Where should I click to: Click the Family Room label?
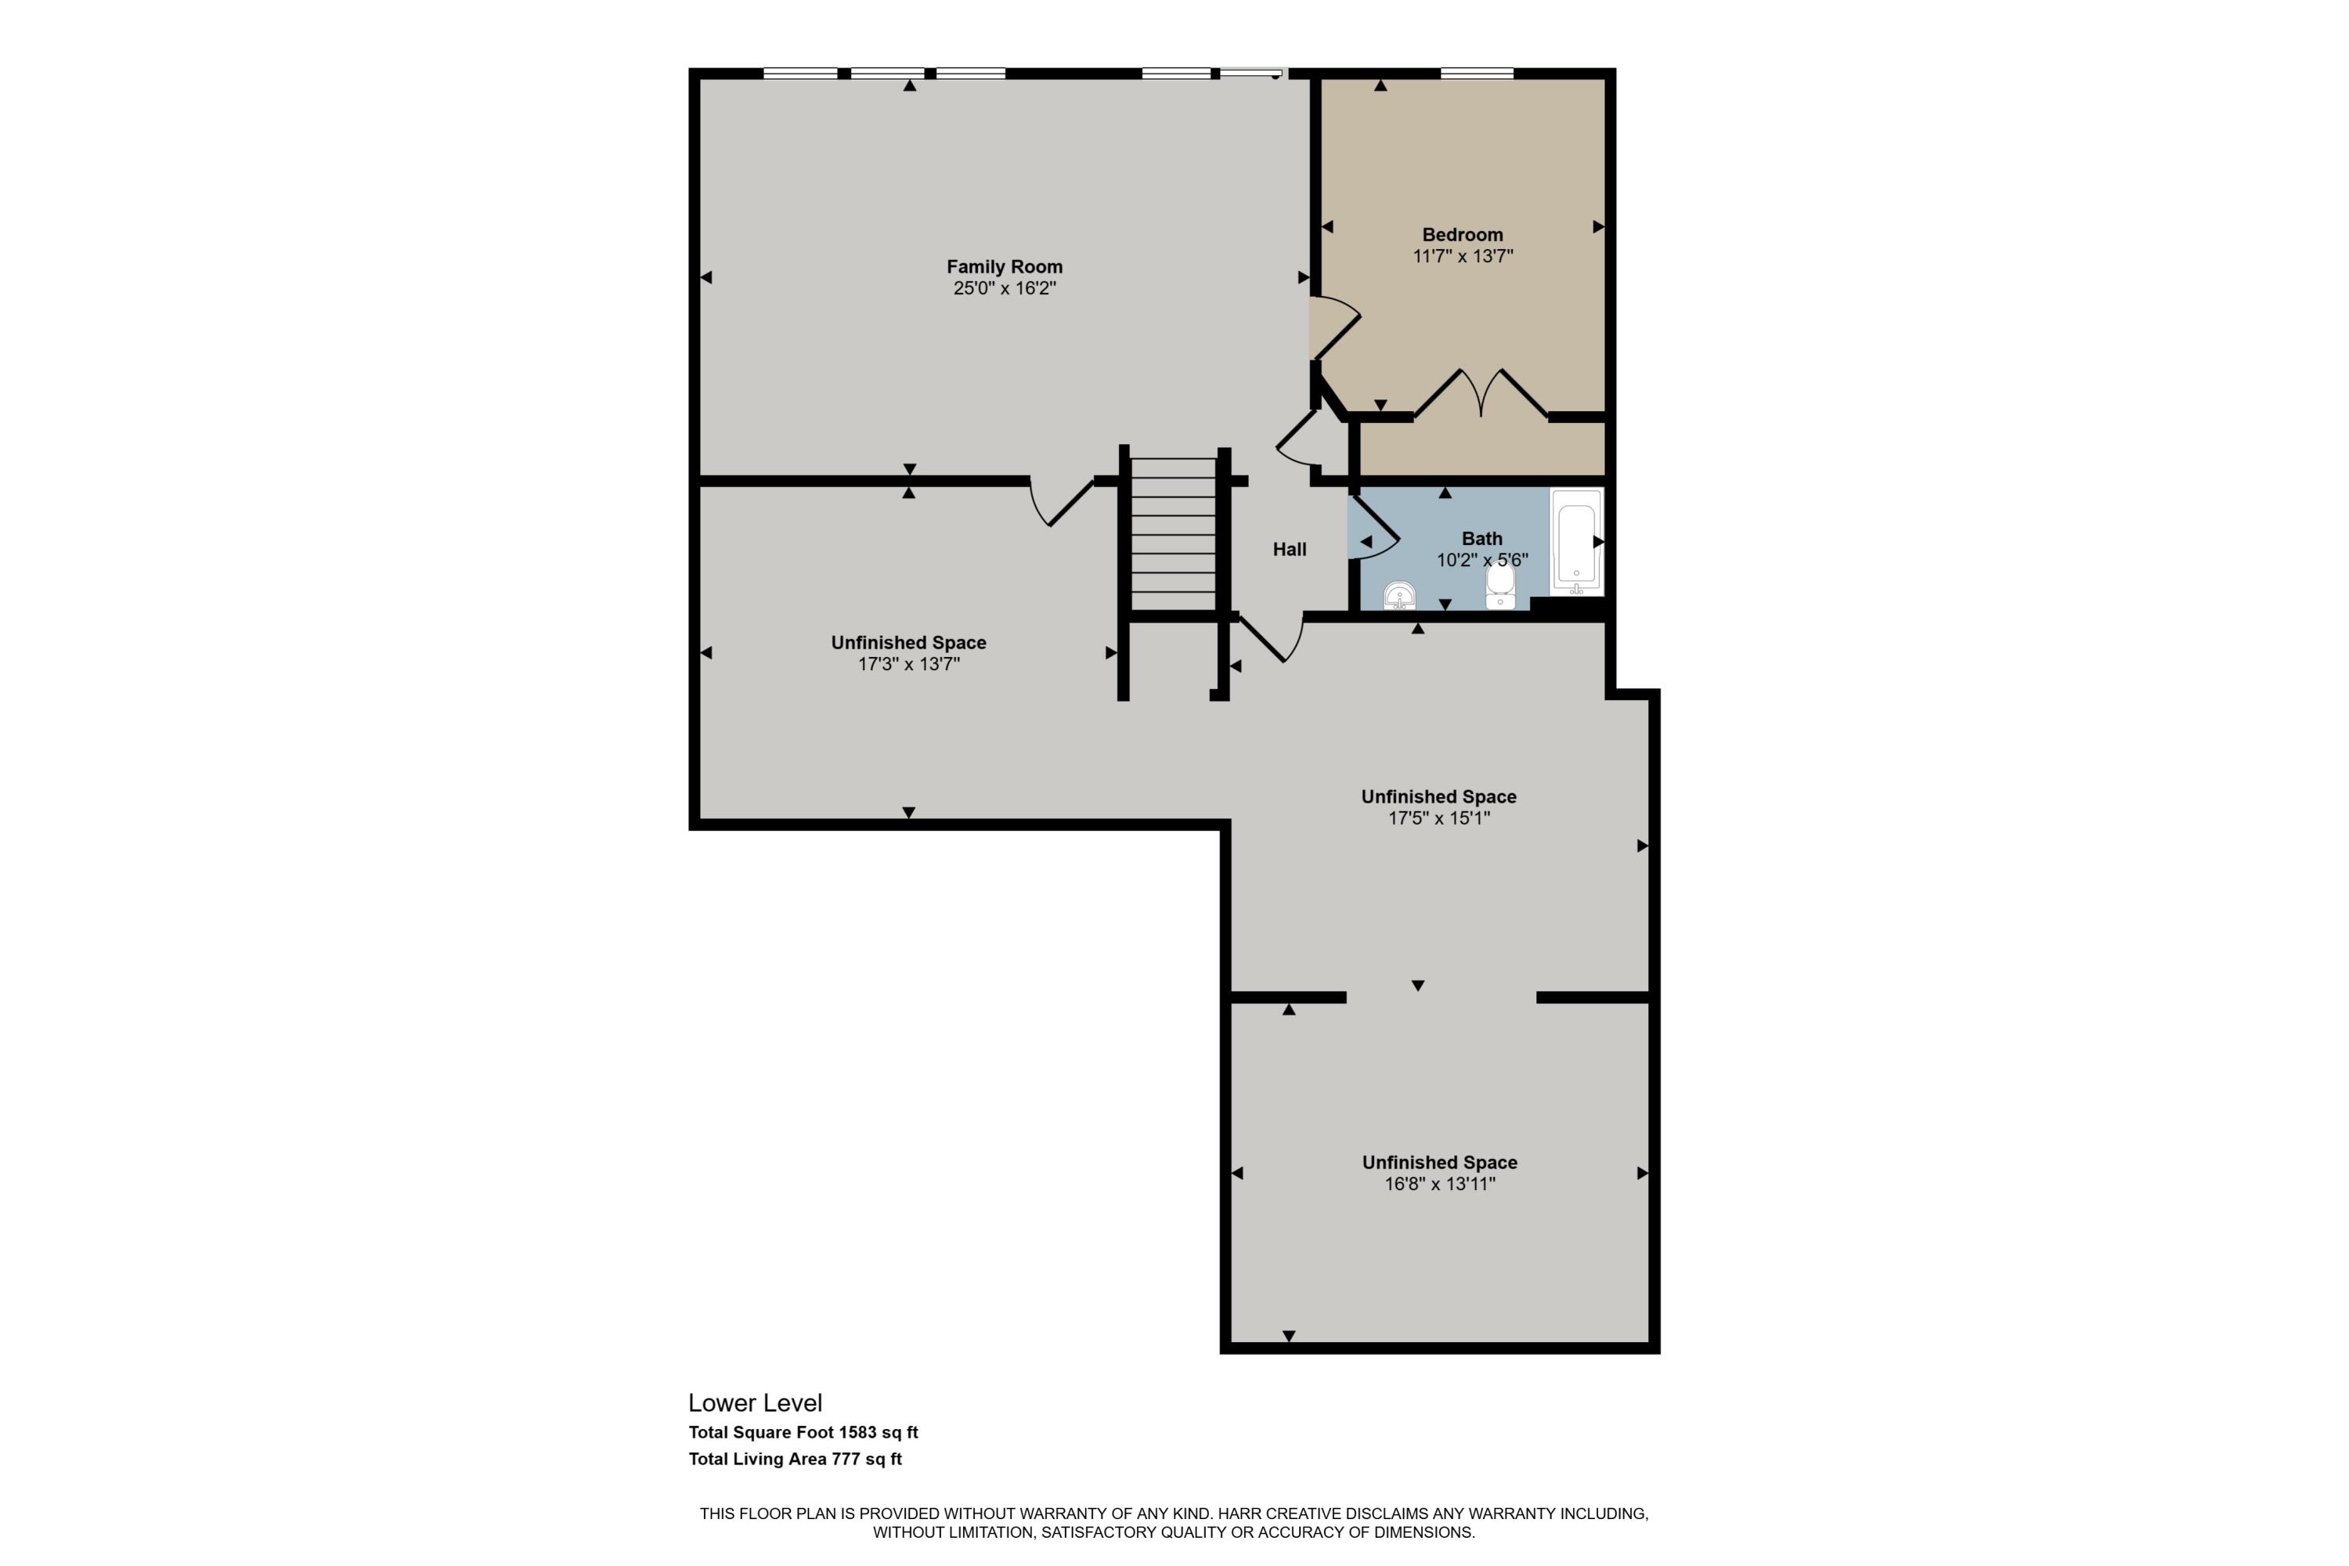[1004, 267]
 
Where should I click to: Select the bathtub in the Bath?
[1576, 543]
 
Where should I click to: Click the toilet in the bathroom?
[1500, 586]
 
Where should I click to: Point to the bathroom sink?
[1399, 596]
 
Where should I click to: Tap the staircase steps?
[1172, 534]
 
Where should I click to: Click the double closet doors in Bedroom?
[1481, 395]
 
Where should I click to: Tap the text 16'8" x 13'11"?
[1439, 1185]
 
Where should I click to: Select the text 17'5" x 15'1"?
[1438, 819]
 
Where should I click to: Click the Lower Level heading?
[755, 1402]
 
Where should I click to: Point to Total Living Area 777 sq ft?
[795, 1460]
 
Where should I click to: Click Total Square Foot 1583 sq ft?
[803, 1432]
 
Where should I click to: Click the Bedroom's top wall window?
[1476, 73]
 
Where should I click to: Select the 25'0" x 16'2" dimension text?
[1004, 289]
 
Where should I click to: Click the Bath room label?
[1481, 539]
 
